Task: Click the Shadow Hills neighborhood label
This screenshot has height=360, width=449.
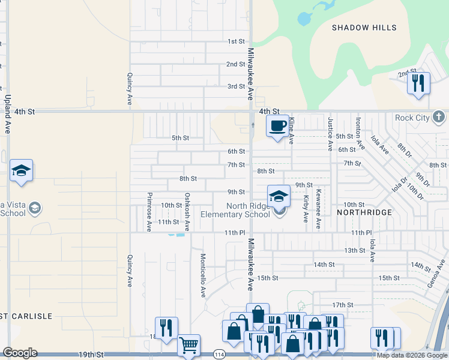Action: tap(364, 28)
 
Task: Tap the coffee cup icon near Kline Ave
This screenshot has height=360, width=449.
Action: tap(277, 126)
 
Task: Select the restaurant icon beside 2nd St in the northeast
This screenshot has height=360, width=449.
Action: tap(418, 82)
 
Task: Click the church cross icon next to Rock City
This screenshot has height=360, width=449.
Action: tap(439, 116)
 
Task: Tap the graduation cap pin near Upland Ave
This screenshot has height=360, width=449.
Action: tap(21, 170)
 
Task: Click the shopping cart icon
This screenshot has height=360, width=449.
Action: tap(188, 346)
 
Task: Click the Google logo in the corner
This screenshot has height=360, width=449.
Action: tap(20, 353)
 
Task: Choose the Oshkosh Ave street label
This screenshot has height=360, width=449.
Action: tap(187, 211)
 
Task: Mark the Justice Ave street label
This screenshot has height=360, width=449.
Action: tap(330, 133)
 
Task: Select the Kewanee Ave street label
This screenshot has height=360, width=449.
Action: tap(319, 209)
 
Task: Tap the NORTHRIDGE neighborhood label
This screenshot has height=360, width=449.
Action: tap(364, 212)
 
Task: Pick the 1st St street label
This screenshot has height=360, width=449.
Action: tap(236, 41)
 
